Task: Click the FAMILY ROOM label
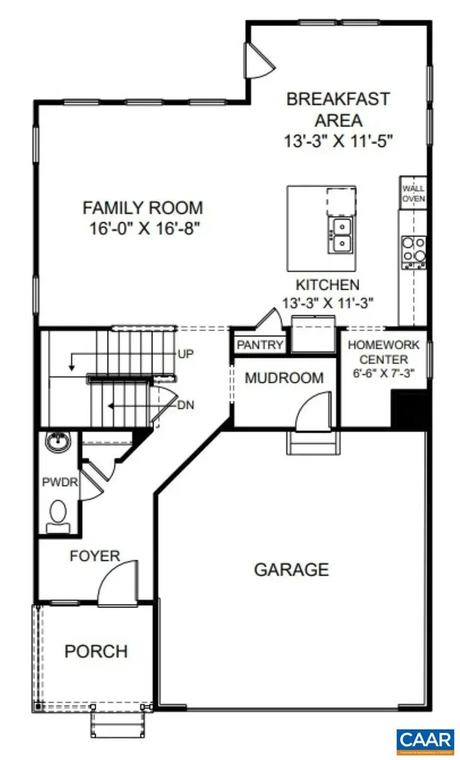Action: click(142, 208)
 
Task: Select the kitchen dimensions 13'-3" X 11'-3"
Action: click(327, 302)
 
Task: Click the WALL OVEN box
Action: click(413, 194)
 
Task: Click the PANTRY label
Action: click(260, 345)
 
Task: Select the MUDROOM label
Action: click(284, 378)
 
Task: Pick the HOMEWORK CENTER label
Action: click(384, 353)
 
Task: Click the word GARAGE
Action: click(291, 570)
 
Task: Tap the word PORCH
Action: click(96, 652)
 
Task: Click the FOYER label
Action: click(94, 555)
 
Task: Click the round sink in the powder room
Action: click(56, 443)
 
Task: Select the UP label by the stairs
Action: click(185, 354)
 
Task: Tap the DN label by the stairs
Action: click(185, 405)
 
